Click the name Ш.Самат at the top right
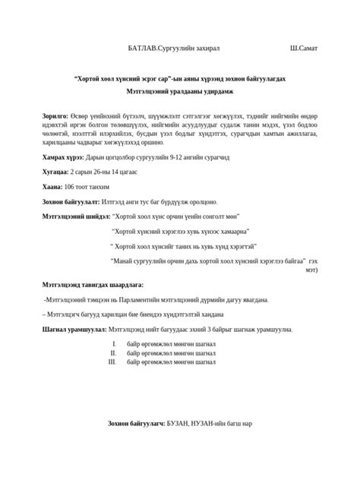pos(304,48)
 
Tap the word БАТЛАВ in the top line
pos(142,48)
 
